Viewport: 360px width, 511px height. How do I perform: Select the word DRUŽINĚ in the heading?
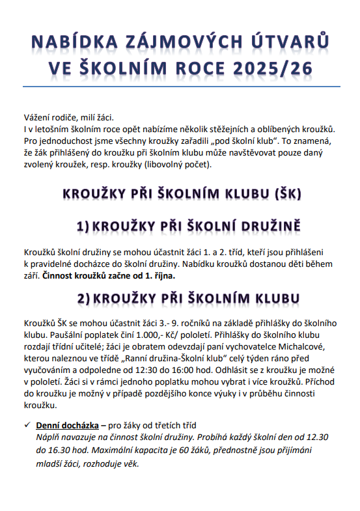262,226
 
